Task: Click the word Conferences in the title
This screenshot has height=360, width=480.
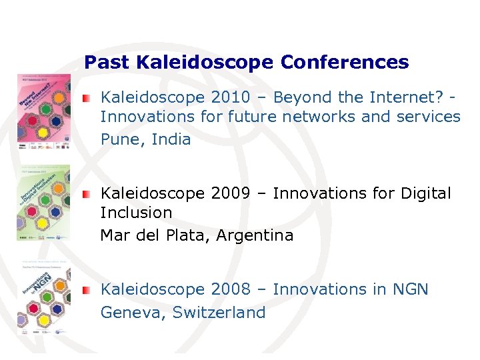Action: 345,63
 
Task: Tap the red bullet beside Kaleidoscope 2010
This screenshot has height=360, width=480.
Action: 87,98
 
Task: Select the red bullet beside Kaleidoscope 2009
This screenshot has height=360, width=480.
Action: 87,194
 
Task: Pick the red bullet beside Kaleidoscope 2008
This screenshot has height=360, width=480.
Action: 87,290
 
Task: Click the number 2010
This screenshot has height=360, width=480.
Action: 230,97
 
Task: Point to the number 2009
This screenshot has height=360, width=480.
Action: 230,193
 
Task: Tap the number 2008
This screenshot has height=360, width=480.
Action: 230,289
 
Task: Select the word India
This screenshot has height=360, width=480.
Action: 171,139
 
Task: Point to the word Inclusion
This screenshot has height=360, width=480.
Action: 136,213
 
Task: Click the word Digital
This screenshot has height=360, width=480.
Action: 424,193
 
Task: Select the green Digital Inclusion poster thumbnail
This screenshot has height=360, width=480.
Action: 44,203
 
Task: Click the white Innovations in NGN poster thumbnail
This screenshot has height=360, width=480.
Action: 44,297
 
